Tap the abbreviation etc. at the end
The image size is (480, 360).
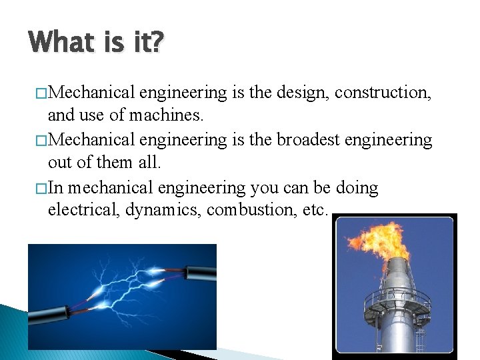(313, 211)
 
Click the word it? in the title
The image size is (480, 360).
(146, 42)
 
